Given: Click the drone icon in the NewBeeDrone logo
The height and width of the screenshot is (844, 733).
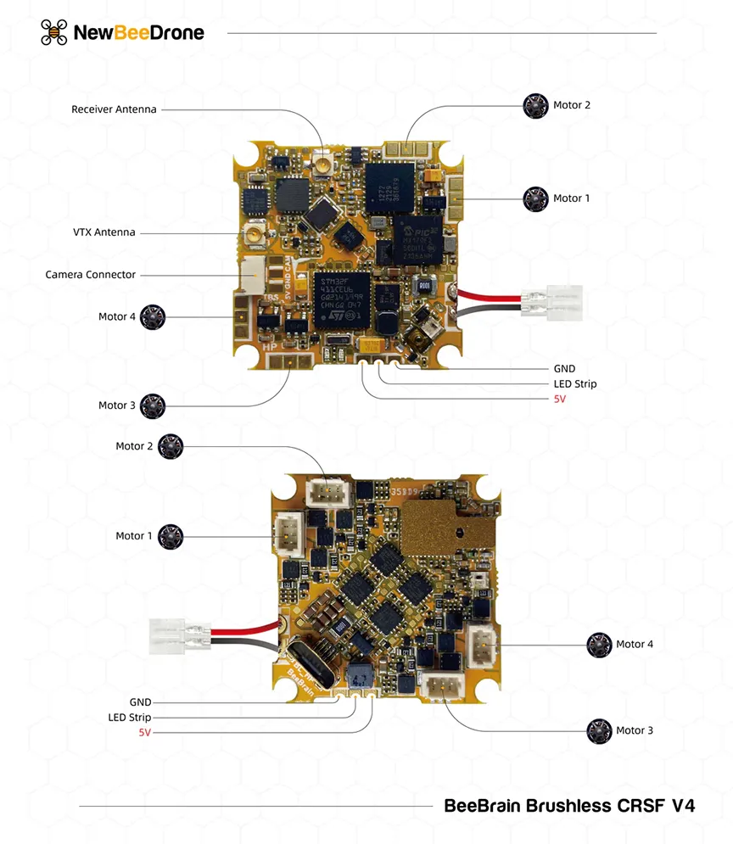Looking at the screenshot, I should point(54,32).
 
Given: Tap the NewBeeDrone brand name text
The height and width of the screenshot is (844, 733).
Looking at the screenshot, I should point(139,33).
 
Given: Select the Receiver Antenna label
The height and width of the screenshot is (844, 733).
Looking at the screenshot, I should point(114,109).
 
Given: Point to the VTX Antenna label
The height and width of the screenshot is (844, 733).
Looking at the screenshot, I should point(104,232).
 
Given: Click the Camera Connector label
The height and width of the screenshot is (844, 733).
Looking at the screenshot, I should point(90,275).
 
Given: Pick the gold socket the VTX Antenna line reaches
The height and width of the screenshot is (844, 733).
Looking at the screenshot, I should point(254,234).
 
